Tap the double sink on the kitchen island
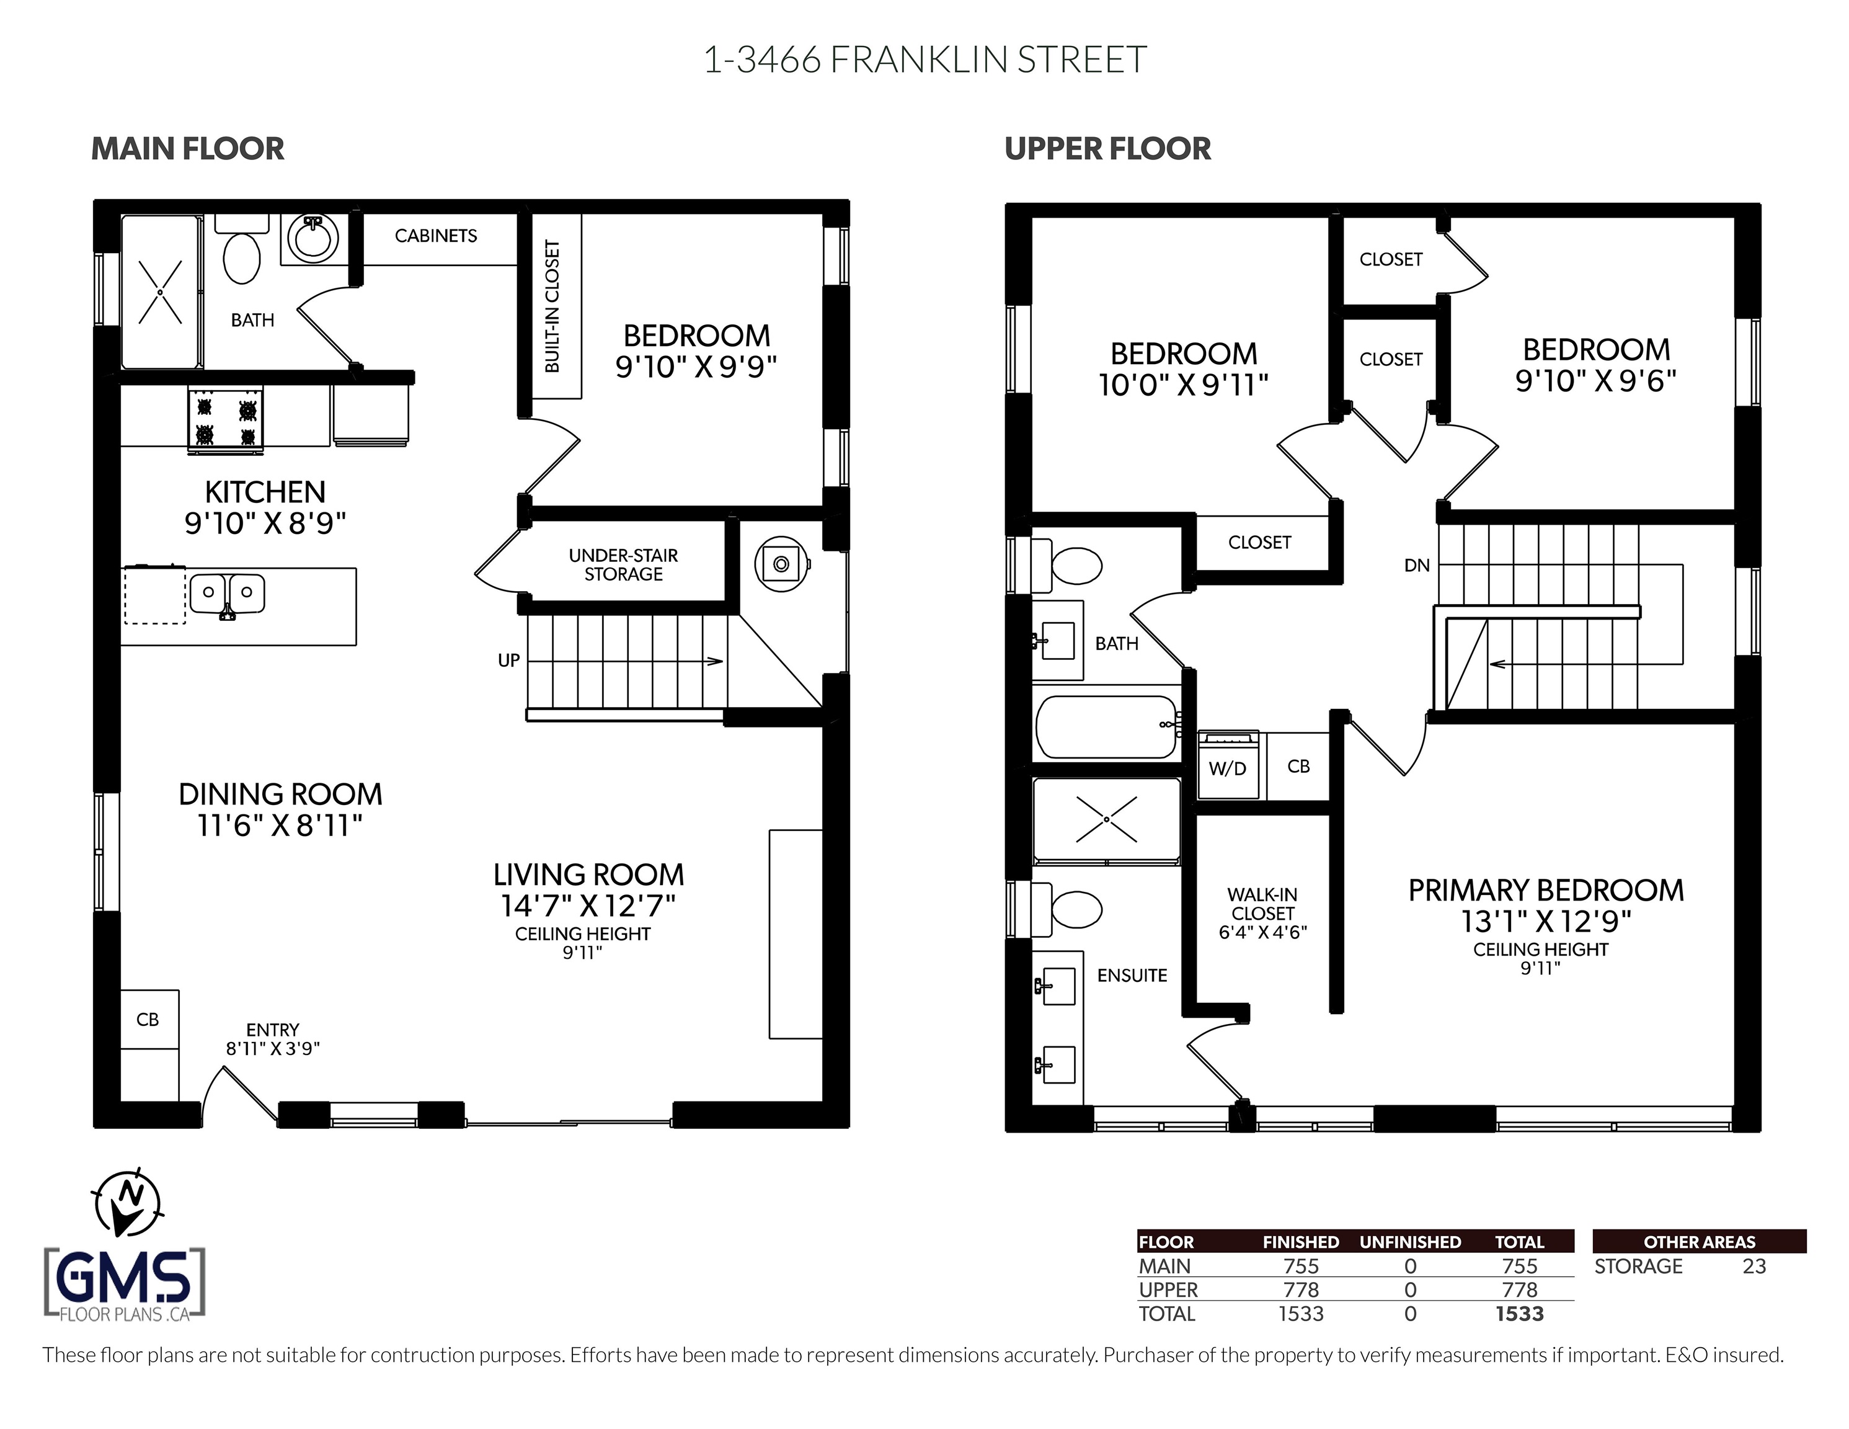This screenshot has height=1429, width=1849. [x=227, y=595]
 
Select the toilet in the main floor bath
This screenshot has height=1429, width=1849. [x=241, y=251]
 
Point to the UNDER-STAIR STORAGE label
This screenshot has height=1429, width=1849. [x=623, y=565]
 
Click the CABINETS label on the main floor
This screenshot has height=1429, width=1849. [x=436, y=236]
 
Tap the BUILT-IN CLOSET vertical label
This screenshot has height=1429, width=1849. [x=552, y=306]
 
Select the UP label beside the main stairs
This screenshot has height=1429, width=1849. [x=509, y=661]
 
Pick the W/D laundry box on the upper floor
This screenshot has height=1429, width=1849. [x=1228, y=766]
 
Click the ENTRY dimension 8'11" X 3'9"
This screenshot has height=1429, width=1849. [x=273, y=1049]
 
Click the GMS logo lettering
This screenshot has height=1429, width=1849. [x=125, y=1278]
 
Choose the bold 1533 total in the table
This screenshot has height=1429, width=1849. [x=1519, y=1314]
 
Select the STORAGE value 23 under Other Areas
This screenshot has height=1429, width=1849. [x=1754, y=1267]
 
